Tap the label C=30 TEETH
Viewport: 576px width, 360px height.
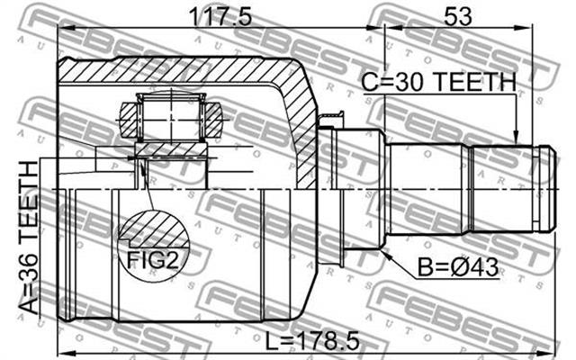tap(438, 82)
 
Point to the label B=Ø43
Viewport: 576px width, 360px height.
tap(458, 267)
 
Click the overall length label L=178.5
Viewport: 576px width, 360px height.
tap(312, 342)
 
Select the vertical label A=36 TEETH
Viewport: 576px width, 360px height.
tap(28, 238)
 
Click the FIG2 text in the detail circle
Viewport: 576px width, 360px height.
tap(152, 259)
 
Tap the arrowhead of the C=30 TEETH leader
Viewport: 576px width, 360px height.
tap(516, 138)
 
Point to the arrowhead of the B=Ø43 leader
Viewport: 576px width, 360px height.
tap(386, 254)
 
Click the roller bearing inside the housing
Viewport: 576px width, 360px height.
tap(171, 117)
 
